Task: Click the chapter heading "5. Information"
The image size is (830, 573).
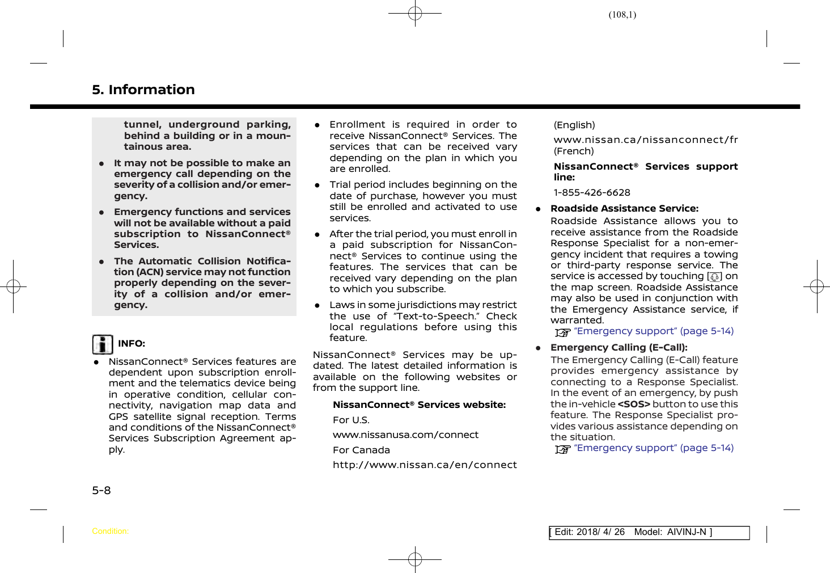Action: coord(143,90)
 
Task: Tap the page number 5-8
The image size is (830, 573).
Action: coord(101,490)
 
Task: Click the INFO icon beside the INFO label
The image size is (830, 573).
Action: coord(103,344)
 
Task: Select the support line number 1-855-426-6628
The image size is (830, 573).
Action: coord(592,193)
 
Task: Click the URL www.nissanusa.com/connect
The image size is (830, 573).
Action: coord(405,435)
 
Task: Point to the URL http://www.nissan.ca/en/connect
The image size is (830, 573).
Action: coord(425,465)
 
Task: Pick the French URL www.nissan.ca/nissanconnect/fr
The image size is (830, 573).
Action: coord(646,140)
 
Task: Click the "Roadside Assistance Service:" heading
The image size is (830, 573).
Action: coord(624,209)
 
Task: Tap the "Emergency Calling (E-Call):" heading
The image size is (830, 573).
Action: coord(619,348)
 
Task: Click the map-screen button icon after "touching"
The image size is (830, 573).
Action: coord(714,277)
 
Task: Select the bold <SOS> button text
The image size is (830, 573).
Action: coord(633,405)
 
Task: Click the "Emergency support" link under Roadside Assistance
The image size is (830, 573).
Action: coord(653,331)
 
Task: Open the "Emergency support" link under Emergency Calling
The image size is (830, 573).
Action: coord(653,448)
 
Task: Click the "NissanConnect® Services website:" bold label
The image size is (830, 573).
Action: coord(419,405)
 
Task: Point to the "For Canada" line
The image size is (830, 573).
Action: coord(361,450)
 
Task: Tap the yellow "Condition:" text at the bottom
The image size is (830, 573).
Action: coord(110,532)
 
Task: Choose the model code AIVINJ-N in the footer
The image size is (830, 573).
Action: coord(687,532)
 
